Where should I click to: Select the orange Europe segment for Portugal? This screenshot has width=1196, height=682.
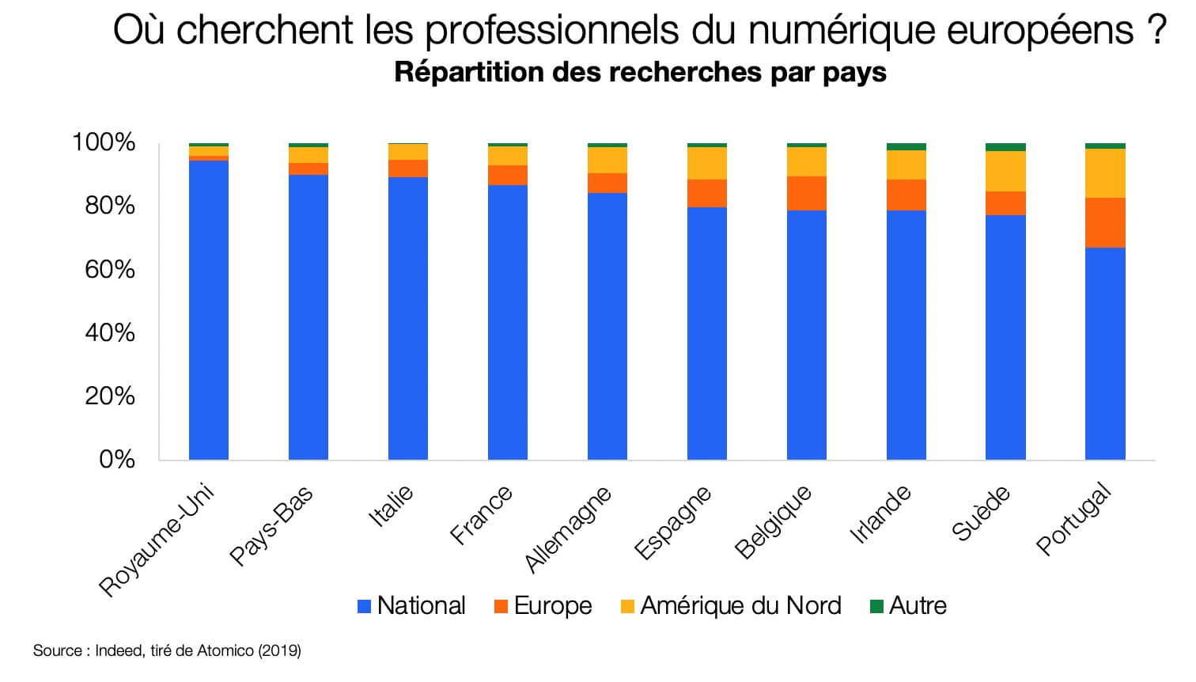1105,222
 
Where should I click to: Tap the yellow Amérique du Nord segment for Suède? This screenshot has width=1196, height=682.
1005,171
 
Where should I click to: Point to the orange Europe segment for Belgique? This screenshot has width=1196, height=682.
807,193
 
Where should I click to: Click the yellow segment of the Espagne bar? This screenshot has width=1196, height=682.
707,163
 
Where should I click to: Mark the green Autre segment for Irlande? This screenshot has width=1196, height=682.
906,147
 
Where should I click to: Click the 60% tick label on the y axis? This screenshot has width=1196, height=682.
109,270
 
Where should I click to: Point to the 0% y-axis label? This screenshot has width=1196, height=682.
117,460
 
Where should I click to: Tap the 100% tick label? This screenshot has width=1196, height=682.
104,143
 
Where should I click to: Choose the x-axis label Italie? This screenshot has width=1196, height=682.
393,506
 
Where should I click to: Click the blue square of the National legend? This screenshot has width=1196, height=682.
365,607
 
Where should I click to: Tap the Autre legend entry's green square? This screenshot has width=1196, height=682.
876,607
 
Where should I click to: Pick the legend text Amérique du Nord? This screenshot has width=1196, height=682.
740,605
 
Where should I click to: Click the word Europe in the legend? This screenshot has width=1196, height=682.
552,605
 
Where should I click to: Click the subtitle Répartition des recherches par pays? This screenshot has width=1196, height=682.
640,72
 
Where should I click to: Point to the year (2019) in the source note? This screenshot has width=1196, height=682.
279,651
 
